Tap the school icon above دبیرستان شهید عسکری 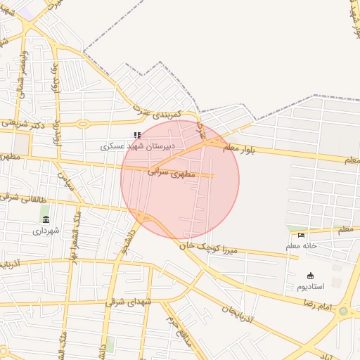pyautogui.click(x=137, y=135)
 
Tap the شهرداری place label pyautogui.click(x=46, y=230)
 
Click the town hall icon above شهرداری pyautogui.click(x=46, y=219)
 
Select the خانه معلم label pyautogui.click(x=301, y=246)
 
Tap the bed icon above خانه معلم pyautogui.click(x=302, y=235)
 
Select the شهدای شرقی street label pyautogui.click(x=129, y=301)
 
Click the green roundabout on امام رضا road pyautogui.click(x=343, y=311)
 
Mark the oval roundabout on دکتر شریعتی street pyautogui.click(x=83, y=124)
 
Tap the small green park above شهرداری pyautogui.click(x=44, y=211)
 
